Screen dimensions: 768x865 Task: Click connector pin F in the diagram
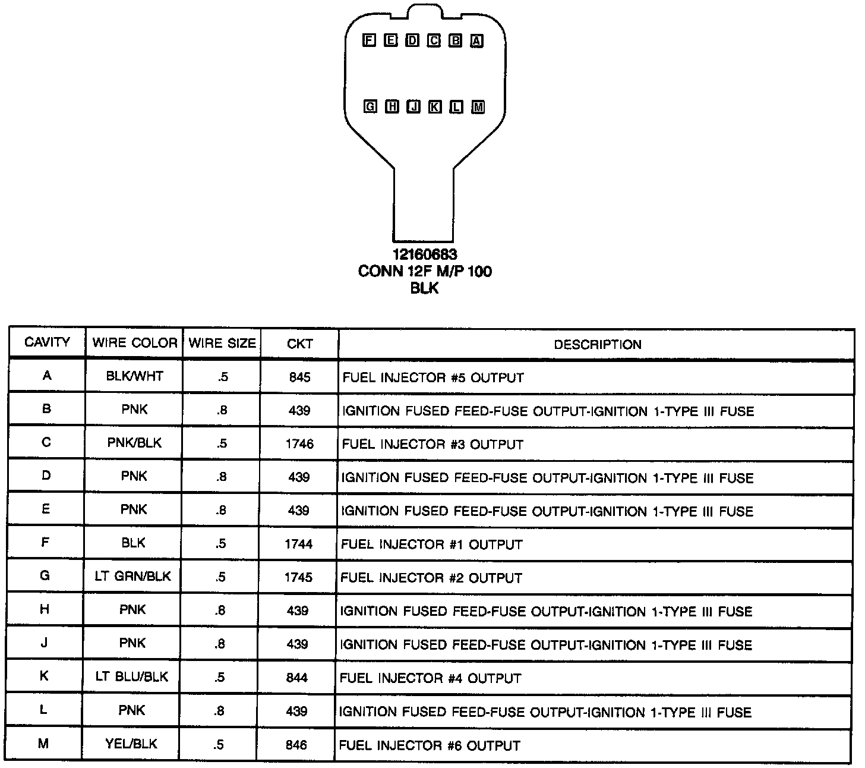pyautogui.click(x=369, y=40)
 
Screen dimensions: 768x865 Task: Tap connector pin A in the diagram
pyautogui.click(x=477, y=41)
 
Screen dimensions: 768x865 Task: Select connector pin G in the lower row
pyautogui.click(x=370, y=107)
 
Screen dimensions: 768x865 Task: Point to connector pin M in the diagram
pyautogui.click(x=478, y=108)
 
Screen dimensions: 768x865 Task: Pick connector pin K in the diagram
pyautogui.click(x=435, y=107)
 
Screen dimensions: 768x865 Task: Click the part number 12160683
pyautogui.click(x=425, y=254)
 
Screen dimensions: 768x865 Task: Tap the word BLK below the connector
pyautogui.click(x=424, y=288)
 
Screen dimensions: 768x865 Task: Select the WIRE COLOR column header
pyautogui.click(x=134, y=343)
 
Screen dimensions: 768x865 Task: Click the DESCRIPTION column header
pyautogui.click(x=597, y=344)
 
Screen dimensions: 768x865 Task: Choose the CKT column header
pyautogui.click(x=299, y=344)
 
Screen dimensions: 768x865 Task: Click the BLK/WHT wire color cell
pyautogui.click(x=134, y=376)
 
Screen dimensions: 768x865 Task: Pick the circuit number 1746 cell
pyautogui.click(x=299, y=444)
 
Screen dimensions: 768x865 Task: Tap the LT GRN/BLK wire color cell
pyautogui.click(x=133, y=576)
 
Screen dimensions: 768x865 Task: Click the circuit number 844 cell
pyautogui.click(x=297, y=678)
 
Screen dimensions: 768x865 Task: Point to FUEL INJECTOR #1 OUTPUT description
pyautogui.click(x=431, y=544)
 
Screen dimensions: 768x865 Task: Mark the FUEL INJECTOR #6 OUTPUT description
pyautogui.click(x=429, y=745)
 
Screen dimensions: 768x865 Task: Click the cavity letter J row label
pyautogui.click(x=44, y=643)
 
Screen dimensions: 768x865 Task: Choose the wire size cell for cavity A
pyautogui.click(x=222, y=377)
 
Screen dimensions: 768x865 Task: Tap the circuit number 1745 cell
pyautogui.click(x=298, y=577)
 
